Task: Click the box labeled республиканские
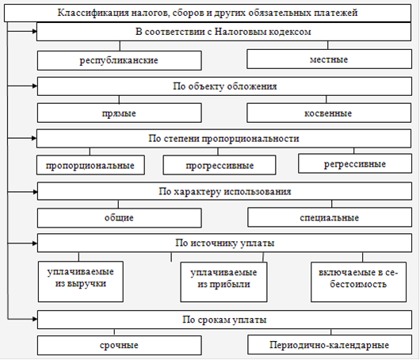tap(120, 60)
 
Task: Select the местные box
tap(329, 59)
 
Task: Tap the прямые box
tap(120, 113)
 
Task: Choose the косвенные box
tap(329, 113)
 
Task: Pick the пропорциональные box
tap(90, 165)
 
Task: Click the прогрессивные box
tap(220, 165)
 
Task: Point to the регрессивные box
tap(355, 163)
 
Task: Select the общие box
tap(120, 218)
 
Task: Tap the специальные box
tap(330, 217)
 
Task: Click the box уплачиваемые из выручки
tap(81, 281)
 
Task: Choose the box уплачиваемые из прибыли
tap(223, 282)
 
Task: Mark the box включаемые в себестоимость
tap(358, 282)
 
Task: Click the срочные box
tap(120, 345)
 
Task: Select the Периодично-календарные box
tap(330, 345)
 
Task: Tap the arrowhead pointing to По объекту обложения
tap(35, 86)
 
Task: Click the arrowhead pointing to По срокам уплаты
tap(35, 319)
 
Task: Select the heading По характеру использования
tap(225, 192)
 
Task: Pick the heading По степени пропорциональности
tap(223, 139)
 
